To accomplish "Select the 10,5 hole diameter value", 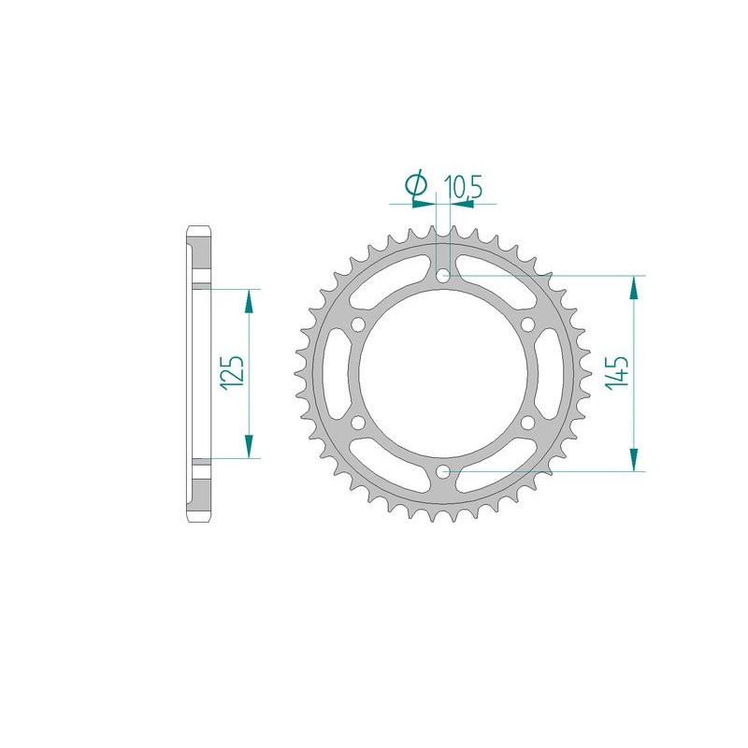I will point(465,188).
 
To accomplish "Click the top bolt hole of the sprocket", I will point(444,275).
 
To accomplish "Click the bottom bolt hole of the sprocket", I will point(444,470).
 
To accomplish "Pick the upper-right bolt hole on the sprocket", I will point(528,324).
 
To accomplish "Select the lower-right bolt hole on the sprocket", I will point(528,423).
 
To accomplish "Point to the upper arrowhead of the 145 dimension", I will point(635,286).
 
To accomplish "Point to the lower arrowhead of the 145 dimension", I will point(635,460).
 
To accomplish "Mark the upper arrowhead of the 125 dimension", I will point(249,299).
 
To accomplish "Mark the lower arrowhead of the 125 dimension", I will point(249,447).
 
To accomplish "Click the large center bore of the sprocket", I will point(444,373).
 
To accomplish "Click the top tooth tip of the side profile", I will point(199,230).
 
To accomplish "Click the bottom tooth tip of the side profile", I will point(199,520).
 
